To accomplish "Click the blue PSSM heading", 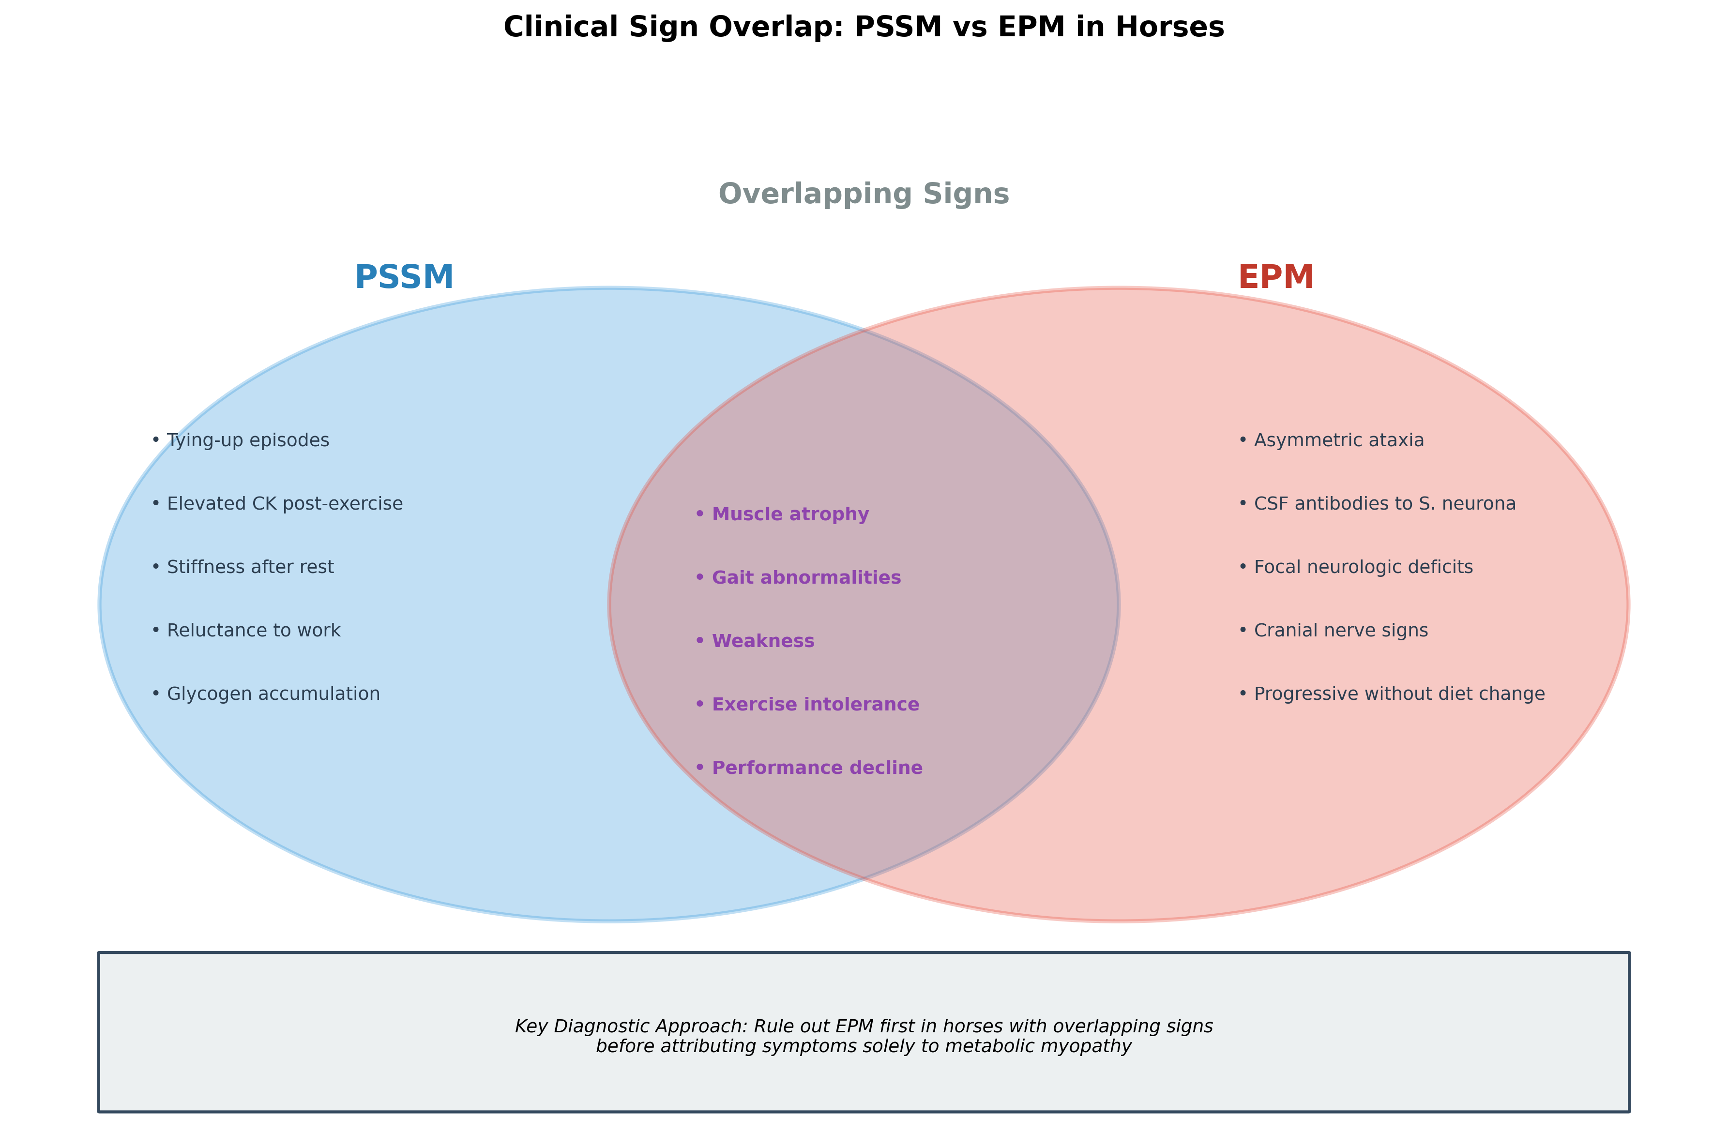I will tap(404, 278).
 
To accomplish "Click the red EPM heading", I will tap(1275, 278).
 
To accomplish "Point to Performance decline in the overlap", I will tap(817, 768).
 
